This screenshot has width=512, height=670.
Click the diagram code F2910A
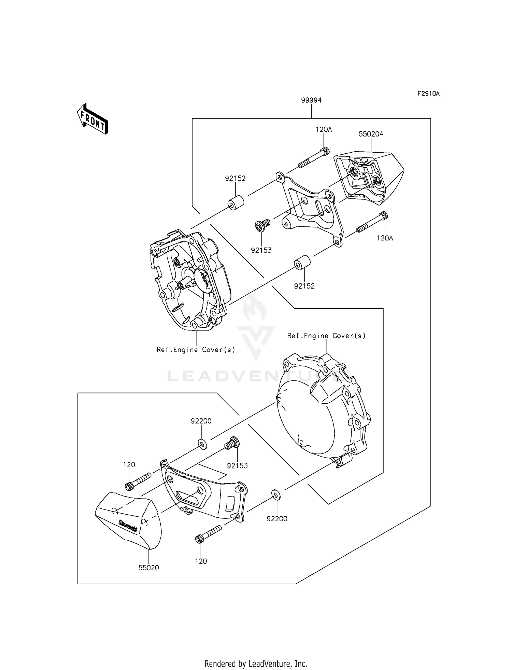428,94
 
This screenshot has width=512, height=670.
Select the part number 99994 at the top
311,100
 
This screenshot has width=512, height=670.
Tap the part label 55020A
371,134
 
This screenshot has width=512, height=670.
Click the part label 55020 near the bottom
149,568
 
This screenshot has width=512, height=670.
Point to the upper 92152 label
235,178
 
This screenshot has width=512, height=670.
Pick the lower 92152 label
304,286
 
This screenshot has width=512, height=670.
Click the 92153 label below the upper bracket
261,250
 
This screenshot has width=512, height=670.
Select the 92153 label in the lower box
237,465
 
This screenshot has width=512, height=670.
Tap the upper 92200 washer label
201,421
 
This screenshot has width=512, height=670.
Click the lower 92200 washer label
277,518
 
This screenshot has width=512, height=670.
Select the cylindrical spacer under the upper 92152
236,202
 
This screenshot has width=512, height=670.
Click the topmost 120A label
324,129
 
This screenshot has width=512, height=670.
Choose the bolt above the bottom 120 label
208,534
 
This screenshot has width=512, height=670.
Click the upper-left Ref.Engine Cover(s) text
196,350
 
